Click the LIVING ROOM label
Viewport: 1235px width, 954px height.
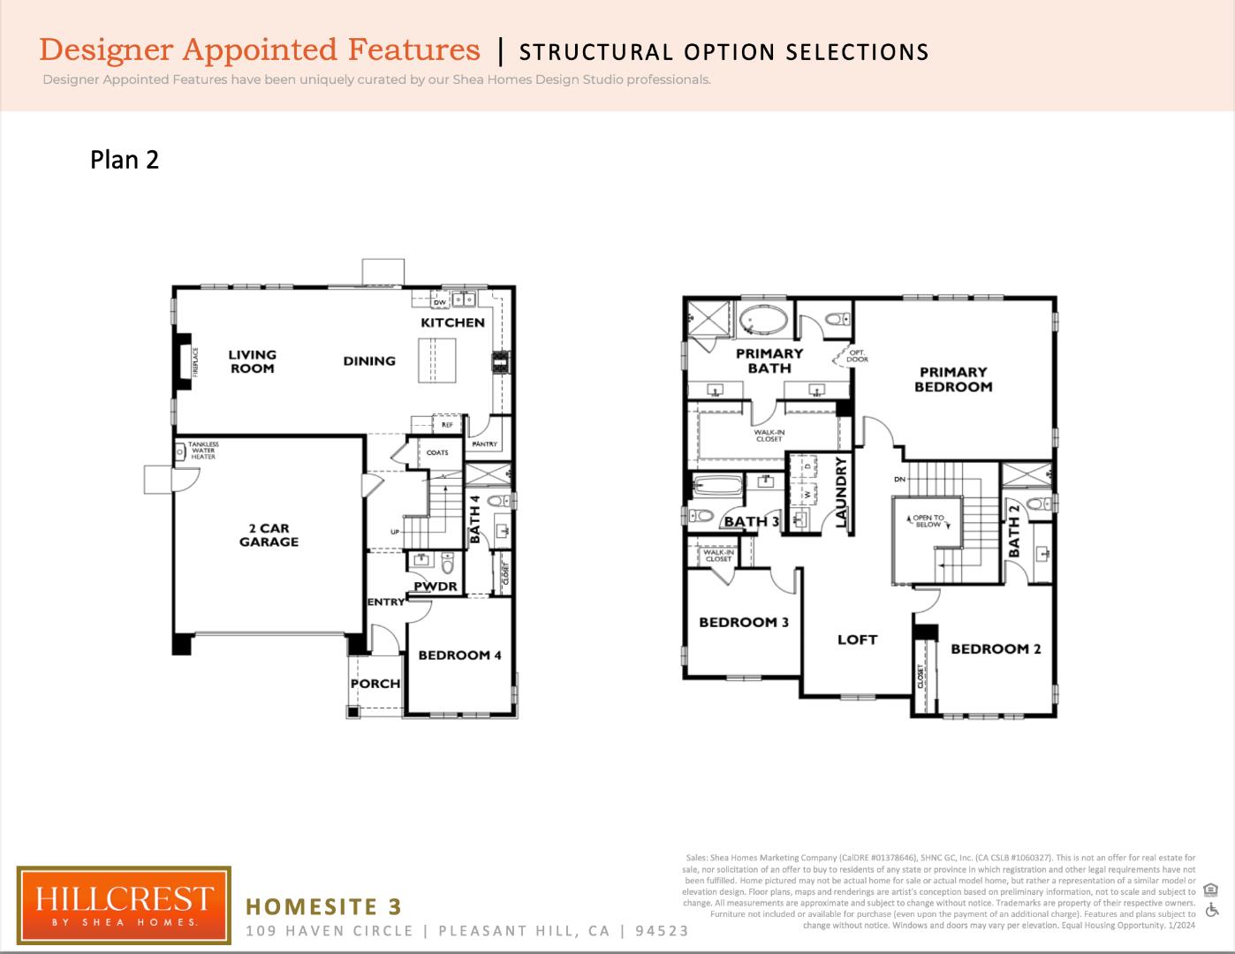click(253, 361)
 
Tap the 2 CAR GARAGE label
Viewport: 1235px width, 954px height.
click(269, 535)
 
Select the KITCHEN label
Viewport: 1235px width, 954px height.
click(452, 322)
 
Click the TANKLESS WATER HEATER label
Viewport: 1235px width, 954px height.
click(202, 450)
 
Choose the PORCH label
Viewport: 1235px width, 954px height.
click(375, 684)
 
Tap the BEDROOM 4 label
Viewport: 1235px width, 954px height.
click(459, 655)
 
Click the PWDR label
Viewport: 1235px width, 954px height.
click(436, 587)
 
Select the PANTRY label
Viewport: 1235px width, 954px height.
click(484, 444)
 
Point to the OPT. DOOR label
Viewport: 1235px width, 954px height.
click(857, 356)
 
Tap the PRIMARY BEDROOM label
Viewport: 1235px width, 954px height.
click(953, 379)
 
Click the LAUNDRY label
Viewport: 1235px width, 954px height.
click(842, 492)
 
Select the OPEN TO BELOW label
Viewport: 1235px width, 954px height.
click(928, 521)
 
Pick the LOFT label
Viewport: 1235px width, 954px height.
click(857, 640)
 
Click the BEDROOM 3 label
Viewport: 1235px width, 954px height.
click(743, 623)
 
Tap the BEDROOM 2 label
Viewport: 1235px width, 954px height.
click(996, 649)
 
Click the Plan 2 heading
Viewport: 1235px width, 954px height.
click(125, 160)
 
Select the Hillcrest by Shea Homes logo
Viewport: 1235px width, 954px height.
click(124, 905)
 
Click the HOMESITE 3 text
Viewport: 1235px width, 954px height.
click(323, 906)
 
